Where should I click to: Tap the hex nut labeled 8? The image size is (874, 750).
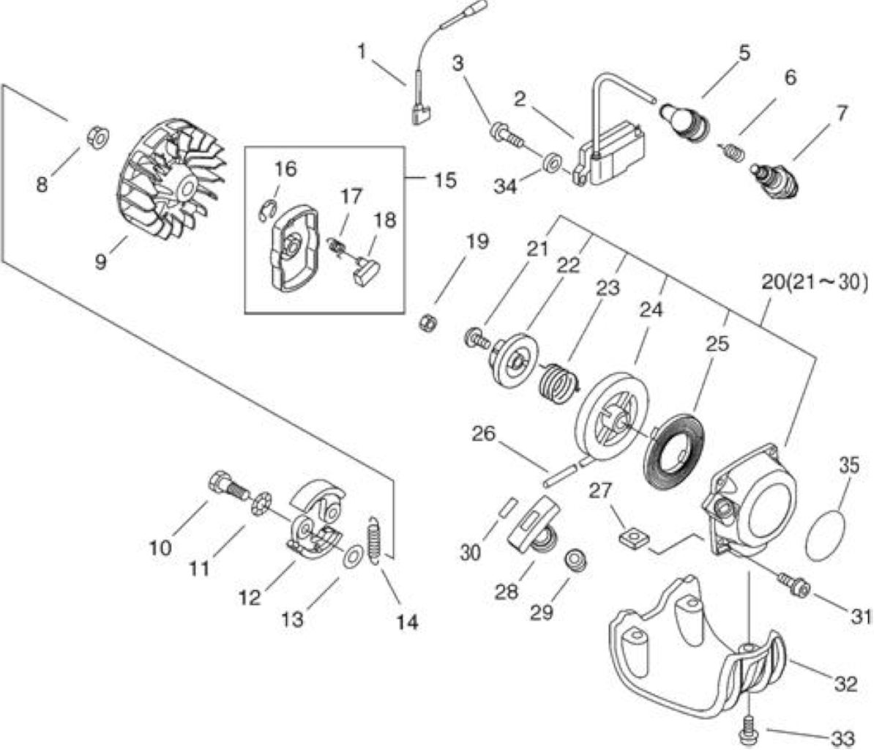pos(99,137)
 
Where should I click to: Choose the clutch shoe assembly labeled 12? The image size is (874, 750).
pos(315,518)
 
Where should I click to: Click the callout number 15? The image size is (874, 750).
pos(444,180)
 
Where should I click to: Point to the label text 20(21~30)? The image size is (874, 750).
pos(814,283)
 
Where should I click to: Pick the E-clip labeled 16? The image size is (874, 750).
pos(267,210)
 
